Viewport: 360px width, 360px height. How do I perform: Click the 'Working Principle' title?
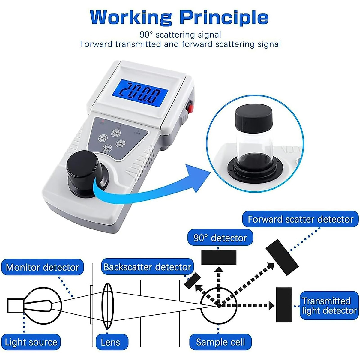point(179,17)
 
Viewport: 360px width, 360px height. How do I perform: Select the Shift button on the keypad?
point(116,133)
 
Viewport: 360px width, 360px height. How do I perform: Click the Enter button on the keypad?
point(120,143)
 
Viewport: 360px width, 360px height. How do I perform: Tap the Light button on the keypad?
point(107,148)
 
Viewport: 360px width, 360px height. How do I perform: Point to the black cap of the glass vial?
point(253,117)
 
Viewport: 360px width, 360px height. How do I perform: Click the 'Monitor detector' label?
point(42,267)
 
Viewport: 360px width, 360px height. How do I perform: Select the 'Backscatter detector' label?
point(147,267)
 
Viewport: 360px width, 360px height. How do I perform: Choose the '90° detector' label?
point(220,238)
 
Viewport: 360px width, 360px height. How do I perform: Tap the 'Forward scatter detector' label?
point(300,219)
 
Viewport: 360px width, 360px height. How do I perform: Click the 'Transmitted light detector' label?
point(329,306)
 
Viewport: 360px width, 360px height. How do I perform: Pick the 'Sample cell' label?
point(220,342)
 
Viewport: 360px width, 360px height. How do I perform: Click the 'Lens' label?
point(110,342)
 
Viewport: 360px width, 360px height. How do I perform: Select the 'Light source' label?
point(31,342)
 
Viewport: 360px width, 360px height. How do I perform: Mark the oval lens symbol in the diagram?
point(107,306)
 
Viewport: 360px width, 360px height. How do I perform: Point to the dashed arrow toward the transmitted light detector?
point(249,306)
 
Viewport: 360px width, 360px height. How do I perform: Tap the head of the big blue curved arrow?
point(198,178)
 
